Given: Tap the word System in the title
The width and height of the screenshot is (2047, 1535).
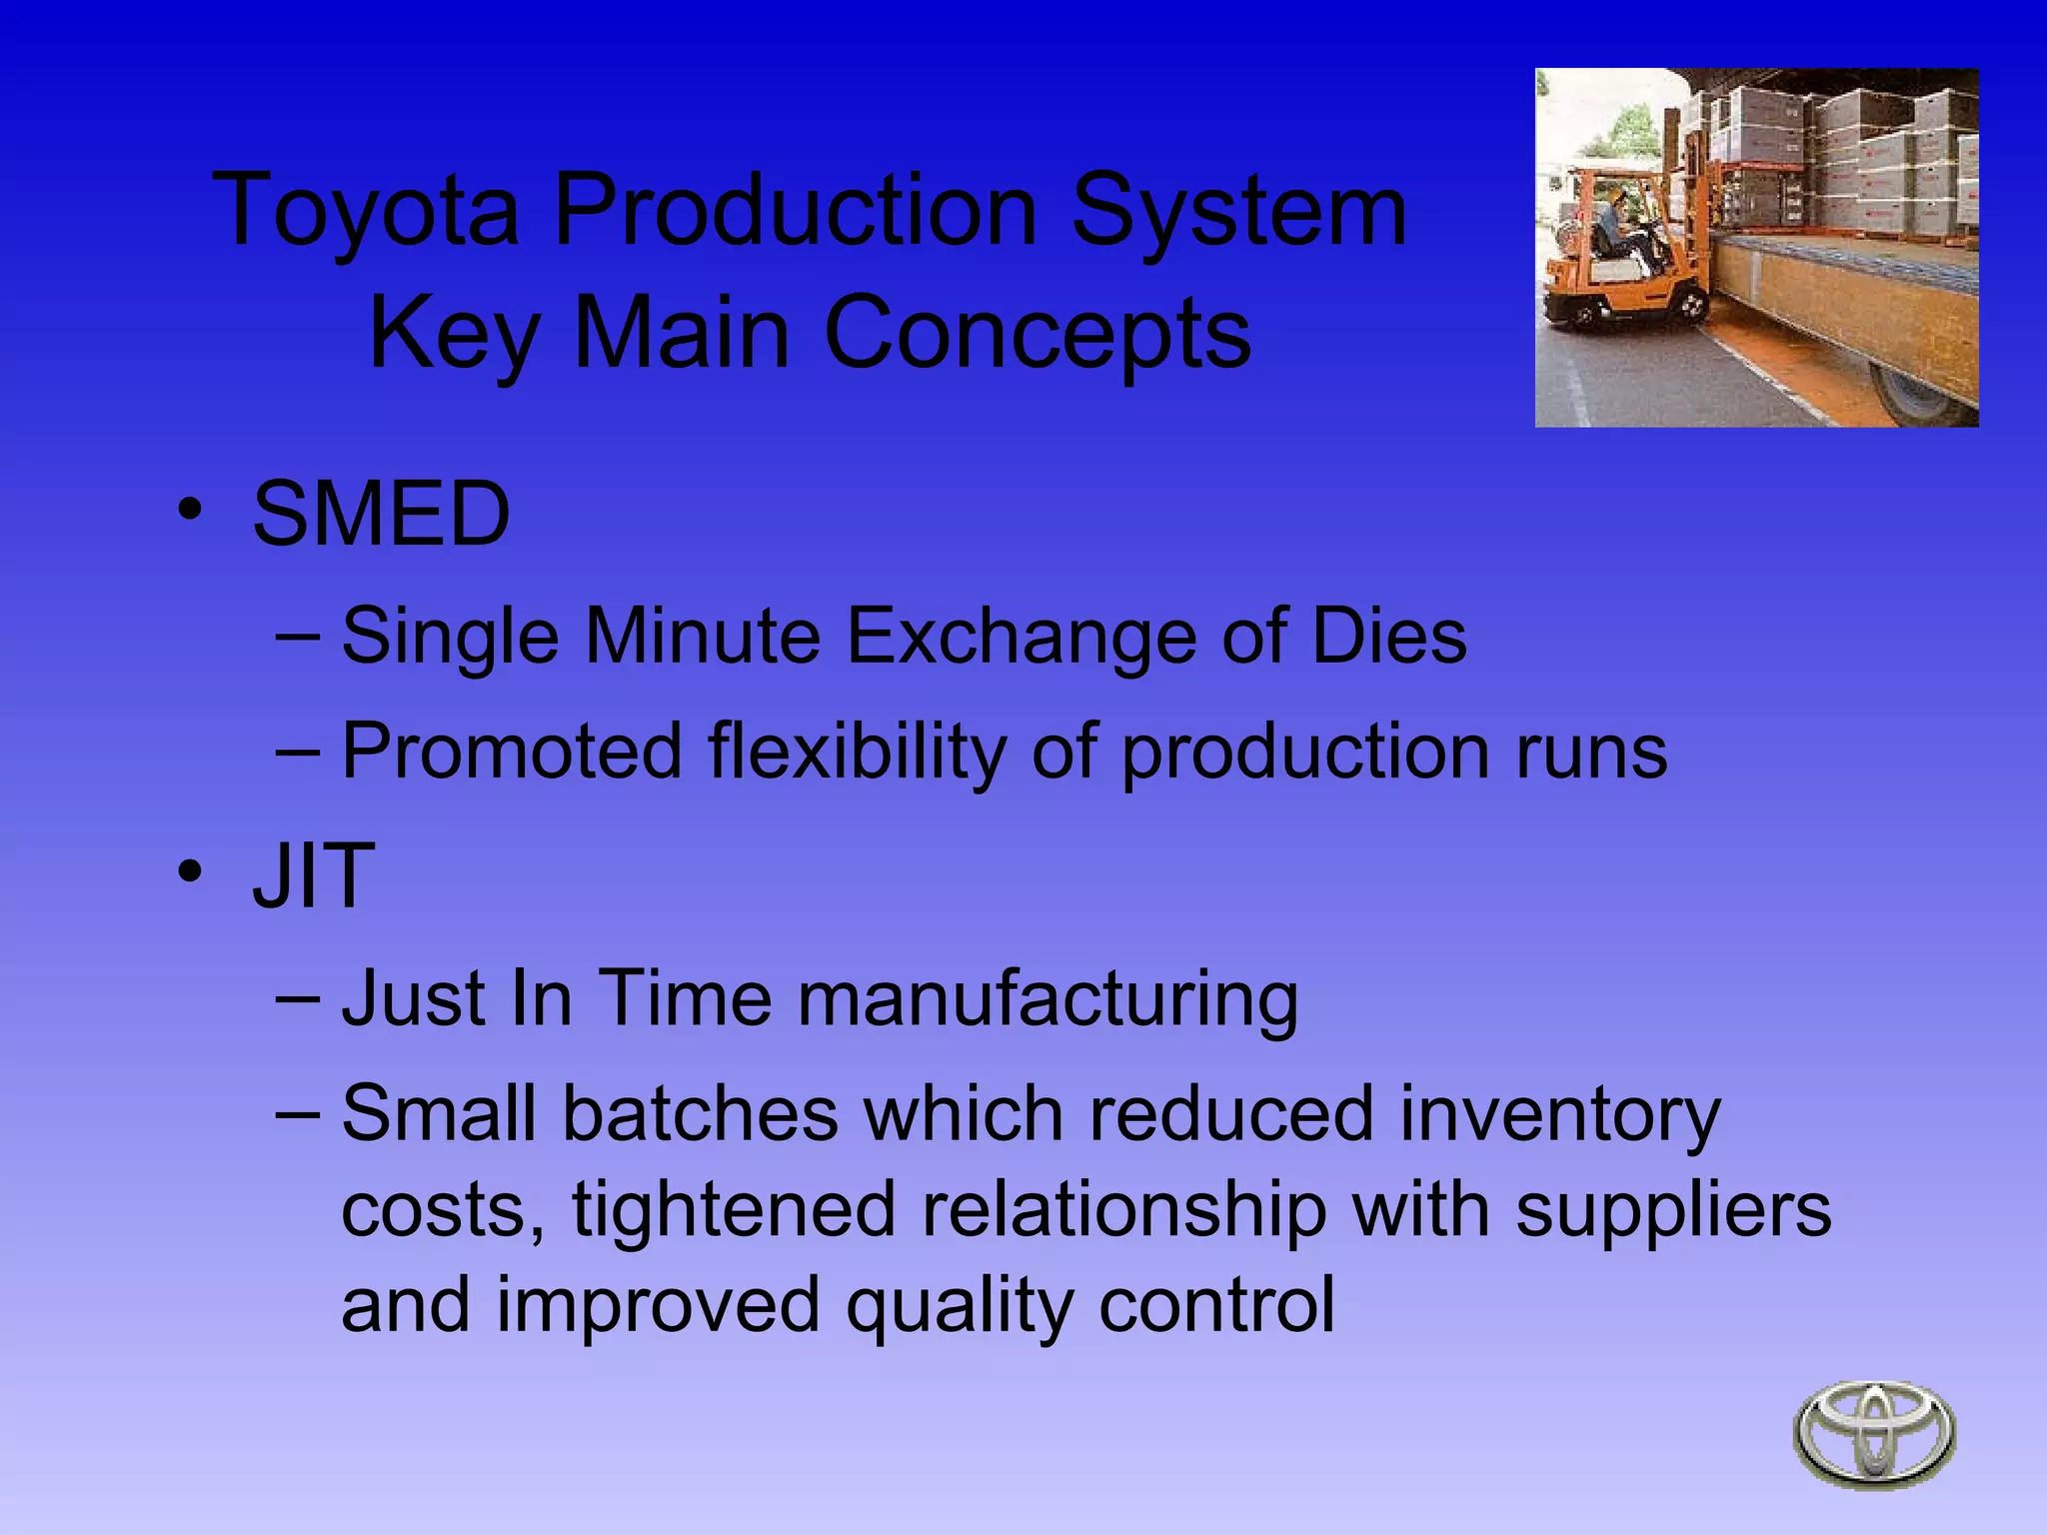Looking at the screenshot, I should (1238, 210).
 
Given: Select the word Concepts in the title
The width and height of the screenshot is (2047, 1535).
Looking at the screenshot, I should (1036, 333).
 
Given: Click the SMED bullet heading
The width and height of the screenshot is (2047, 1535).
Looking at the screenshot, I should (381, 514).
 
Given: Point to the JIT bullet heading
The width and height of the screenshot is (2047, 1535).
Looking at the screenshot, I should (313, 875).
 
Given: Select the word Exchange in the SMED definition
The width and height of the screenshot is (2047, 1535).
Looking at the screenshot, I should (1022, 636).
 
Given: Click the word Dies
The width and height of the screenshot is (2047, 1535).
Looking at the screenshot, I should (1388, 636).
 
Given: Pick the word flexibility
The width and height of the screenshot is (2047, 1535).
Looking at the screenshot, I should (856, 752).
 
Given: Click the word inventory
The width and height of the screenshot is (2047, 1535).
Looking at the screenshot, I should (1559, 1113).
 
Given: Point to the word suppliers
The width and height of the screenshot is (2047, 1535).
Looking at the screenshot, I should (1673, 1209).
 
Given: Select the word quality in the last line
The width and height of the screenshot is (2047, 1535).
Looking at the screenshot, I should (960, 1305).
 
